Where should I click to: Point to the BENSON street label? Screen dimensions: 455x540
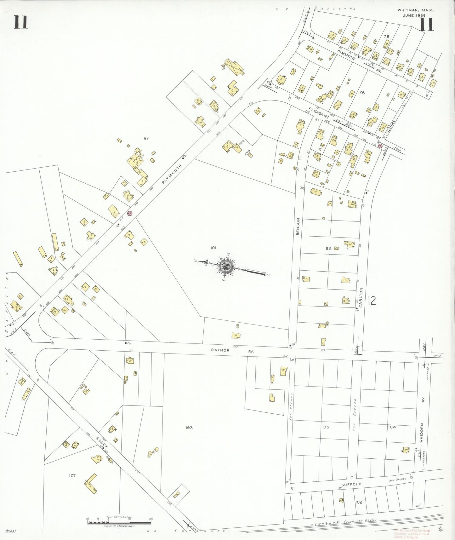[298, 226]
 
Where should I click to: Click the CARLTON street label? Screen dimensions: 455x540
[361, 297]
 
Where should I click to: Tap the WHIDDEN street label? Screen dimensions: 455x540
[422, 433]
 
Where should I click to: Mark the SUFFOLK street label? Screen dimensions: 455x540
[351, 484]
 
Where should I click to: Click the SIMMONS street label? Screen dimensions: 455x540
[346, 55]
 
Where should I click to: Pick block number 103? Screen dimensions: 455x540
[189, 428]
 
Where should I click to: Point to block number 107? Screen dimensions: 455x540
[72, 475]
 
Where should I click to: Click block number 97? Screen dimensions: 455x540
[146, 138]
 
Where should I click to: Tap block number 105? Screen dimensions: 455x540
[326, 427]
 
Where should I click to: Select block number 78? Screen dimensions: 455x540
[386, 36]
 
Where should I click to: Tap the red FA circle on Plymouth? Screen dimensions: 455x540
[129, 213]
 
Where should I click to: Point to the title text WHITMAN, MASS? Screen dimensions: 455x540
[416, 10]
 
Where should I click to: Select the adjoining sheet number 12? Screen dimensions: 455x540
[372, 301]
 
